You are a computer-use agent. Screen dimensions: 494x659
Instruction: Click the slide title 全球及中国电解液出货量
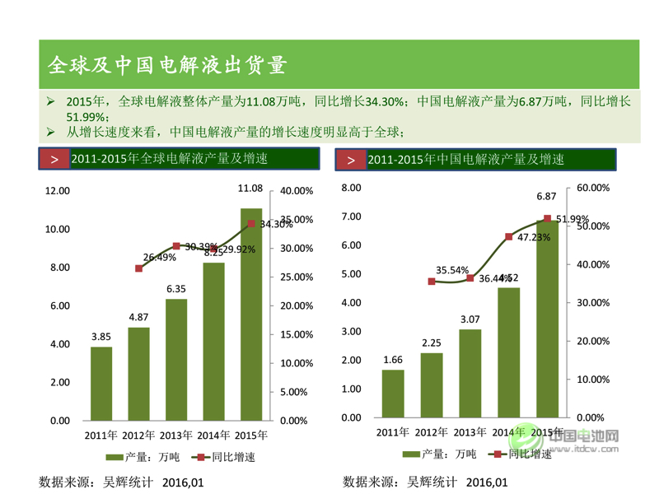pyautogui.click(x=167, y=64)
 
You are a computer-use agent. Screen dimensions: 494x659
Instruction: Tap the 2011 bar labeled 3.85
pyautogui.click(x=101, y=383)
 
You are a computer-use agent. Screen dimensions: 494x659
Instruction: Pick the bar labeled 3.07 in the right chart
pyautogui.click(x=470, y=375)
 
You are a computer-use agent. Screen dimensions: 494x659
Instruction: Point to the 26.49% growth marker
pyautogui.click(x=138, y=268)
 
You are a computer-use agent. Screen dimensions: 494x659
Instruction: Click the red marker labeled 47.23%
pyautogui.click(x=508, y=237)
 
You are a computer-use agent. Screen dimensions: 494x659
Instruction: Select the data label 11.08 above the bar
pyautogui.click(x=250, y=189)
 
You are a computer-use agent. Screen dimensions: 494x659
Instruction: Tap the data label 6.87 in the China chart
pyautogui.click(x=547, y=197)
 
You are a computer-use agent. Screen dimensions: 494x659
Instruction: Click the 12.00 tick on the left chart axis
pyautogui.click(x=58, y=191)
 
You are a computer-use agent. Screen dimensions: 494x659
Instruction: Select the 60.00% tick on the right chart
pyautogui.click(x=592, y=188)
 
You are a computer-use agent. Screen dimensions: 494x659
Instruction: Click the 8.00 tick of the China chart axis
pyautogui.click(x=351, y=188)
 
